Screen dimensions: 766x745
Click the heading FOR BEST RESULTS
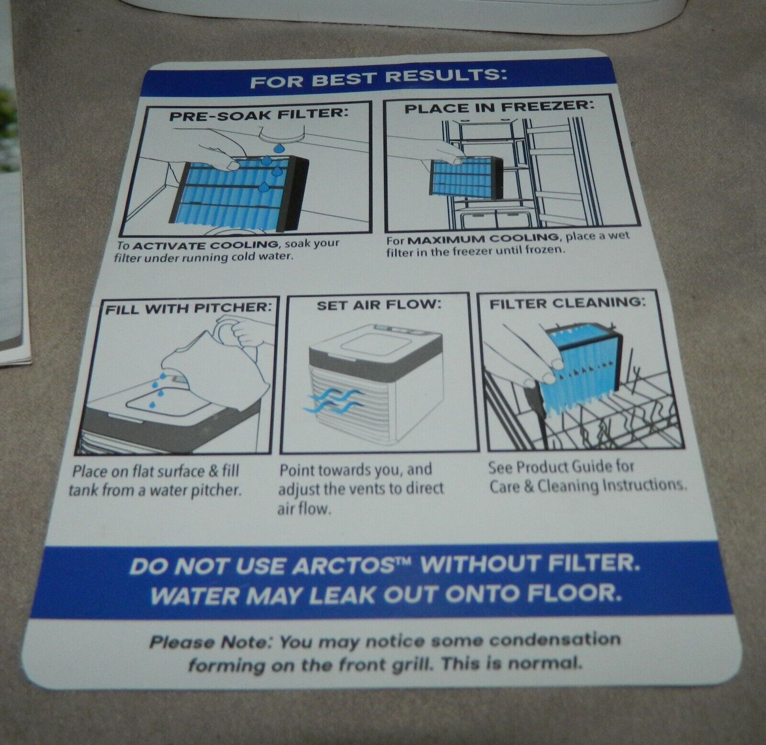point(378,79)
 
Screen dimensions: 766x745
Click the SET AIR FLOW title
point(378,305)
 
